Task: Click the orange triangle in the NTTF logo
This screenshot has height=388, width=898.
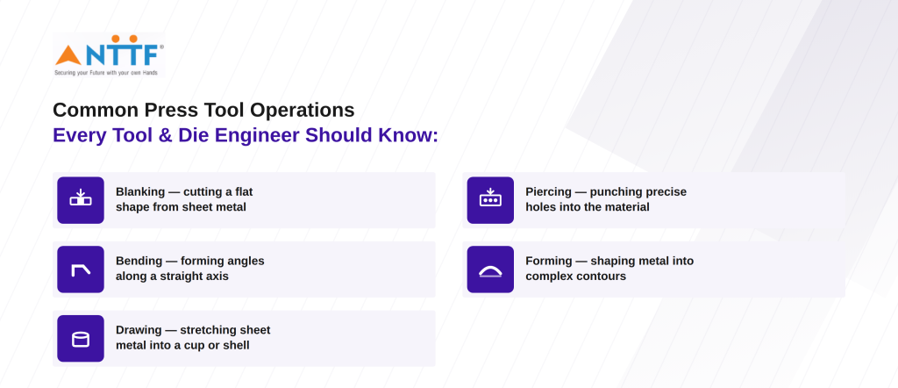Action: [x=68, y=56]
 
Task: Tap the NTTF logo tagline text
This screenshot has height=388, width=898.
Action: [x=106, y=73]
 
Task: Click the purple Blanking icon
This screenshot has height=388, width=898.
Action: [x=81, y=200]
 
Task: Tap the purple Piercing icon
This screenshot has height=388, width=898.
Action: [x=490, y=200]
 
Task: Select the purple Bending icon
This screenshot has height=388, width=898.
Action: [x=81, y=269]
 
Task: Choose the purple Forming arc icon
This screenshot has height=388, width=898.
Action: [x=490, y=269]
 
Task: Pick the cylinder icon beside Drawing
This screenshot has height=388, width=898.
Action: [x=81, y=339]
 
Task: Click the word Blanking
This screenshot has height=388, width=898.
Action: [x=140, y=192]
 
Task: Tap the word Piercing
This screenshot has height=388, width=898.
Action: [x=549, y=192]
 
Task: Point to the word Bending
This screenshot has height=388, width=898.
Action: [x=139, y=262]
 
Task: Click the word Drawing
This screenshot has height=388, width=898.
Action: [x=139, y=330]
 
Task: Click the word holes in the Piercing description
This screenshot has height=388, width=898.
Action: [x=538, y=207]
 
